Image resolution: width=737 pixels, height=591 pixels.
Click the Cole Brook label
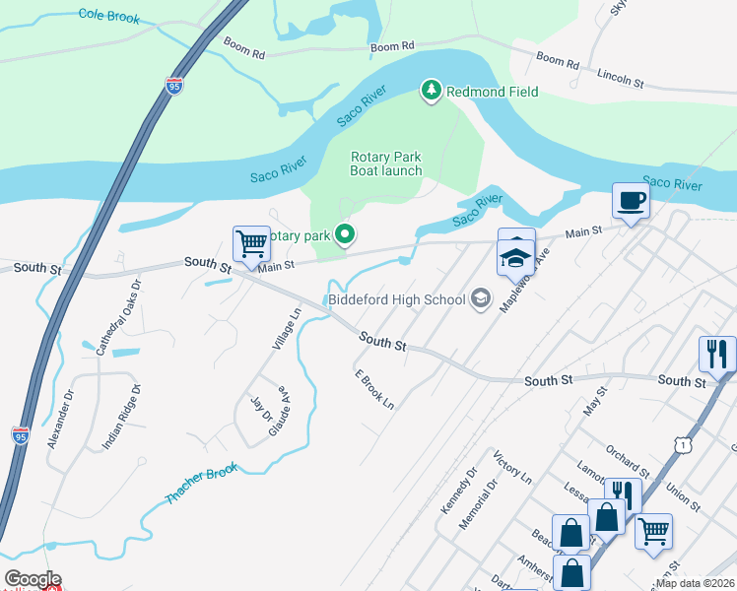click(x=108, y=18)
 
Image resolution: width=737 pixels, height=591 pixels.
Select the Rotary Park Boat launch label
click(x=386, y=164)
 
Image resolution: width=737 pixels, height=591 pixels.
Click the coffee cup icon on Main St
click(x=631, y=201)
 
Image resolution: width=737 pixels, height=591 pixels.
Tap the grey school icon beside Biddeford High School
click(x=481, y=298)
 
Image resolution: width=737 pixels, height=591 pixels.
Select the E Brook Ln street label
click(x=374, y=390)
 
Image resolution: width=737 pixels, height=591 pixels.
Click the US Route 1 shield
click(x=681, y=445)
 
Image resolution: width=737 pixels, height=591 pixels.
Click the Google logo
click(x=33, y=579)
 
